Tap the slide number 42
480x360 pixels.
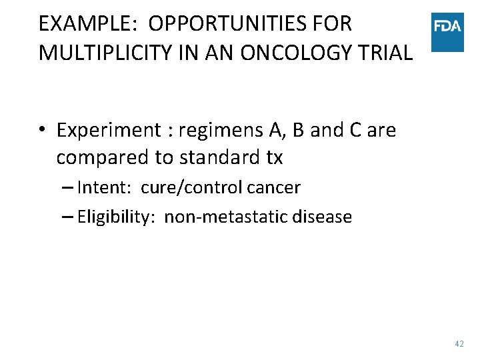[x=459, y=344]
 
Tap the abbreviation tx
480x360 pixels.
[x=274, y=159]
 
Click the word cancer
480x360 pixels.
[x=273, y=188]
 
